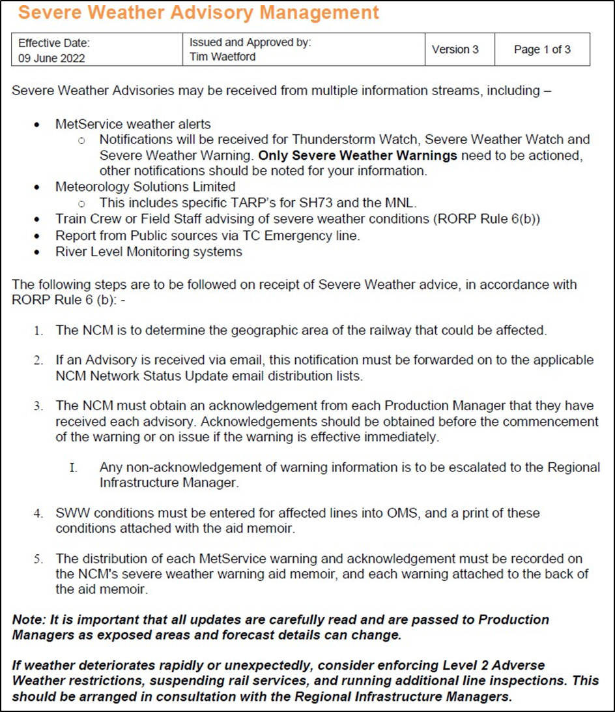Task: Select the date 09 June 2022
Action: coord(51,58)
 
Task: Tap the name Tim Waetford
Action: coord(222,57)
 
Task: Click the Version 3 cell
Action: coord(455,50)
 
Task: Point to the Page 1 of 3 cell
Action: coord(542,50)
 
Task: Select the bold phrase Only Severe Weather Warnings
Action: coord(358,155)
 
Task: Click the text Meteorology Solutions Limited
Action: coord(145,187)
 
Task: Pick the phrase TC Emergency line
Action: coord(315,235)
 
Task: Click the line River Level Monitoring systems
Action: coord(149,252)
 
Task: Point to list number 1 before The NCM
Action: coord(39,331)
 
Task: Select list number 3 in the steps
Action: coord(39,406)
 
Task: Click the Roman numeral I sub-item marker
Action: coord(73,467)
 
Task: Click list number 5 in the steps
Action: coord(39,559)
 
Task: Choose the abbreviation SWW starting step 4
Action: coord(71,513)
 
